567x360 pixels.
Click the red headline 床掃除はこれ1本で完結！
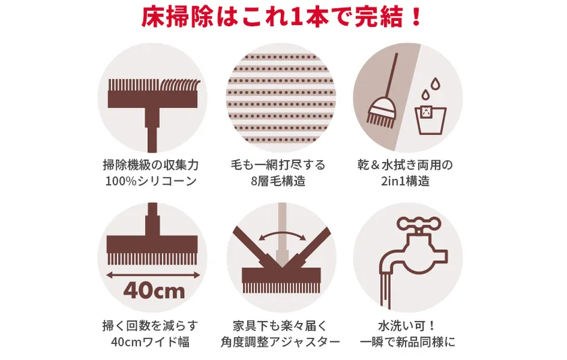281,17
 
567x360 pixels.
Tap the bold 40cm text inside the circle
154,290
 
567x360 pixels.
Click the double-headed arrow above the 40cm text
153,276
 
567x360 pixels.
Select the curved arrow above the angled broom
282,235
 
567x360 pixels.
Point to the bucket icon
430,120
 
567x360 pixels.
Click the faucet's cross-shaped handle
418,224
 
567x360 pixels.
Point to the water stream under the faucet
386,290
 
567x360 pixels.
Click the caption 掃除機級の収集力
151,165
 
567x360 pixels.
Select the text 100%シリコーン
151,181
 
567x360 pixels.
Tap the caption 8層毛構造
278,181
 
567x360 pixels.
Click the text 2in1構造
406,181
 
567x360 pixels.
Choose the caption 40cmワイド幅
151,342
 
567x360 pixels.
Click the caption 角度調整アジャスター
281,342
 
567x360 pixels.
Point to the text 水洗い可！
407,326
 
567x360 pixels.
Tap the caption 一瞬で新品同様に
408,342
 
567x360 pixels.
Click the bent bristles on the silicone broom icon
180,86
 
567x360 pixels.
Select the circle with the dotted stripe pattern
281,98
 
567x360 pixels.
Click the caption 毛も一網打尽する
278,165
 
